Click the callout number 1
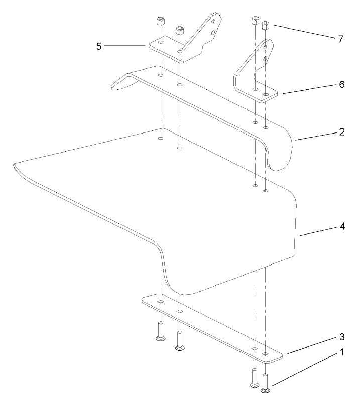click(x=342, y=352)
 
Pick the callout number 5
click(x=99, y=46)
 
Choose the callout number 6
click(x=341, y=84)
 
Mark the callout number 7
click(x=341, y=39)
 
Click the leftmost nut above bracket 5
click(x=160, y=22)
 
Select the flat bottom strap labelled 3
click(x=211, y=326)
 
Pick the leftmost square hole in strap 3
click(x=160, y=302)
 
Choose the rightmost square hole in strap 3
click(x=266, y=354)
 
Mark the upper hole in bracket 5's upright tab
click(x=214, y=22)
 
